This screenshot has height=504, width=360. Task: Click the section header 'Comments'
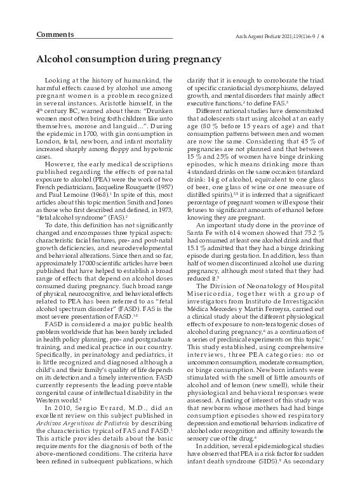tap(54, 33)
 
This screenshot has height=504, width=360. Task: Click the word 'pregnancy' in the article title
tap(191, 59)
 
